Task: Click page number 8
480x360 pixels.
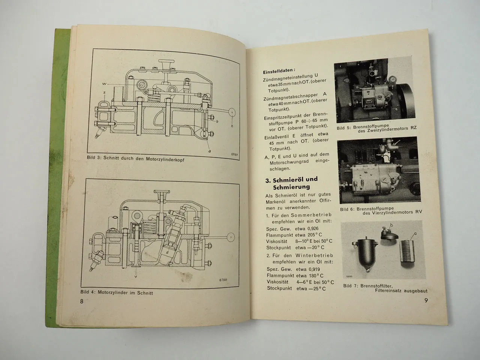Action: [x=82, y=302]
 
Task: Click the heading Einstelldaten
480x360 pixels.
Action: [x=279, y=70]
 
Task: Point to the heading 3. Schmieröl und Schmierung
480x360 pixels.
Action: [x=291, y=183]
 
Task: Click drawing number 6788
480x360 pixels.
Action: [x=224, y=280]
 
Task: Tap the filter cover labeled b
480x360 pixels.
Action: [x=388, y=233]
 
